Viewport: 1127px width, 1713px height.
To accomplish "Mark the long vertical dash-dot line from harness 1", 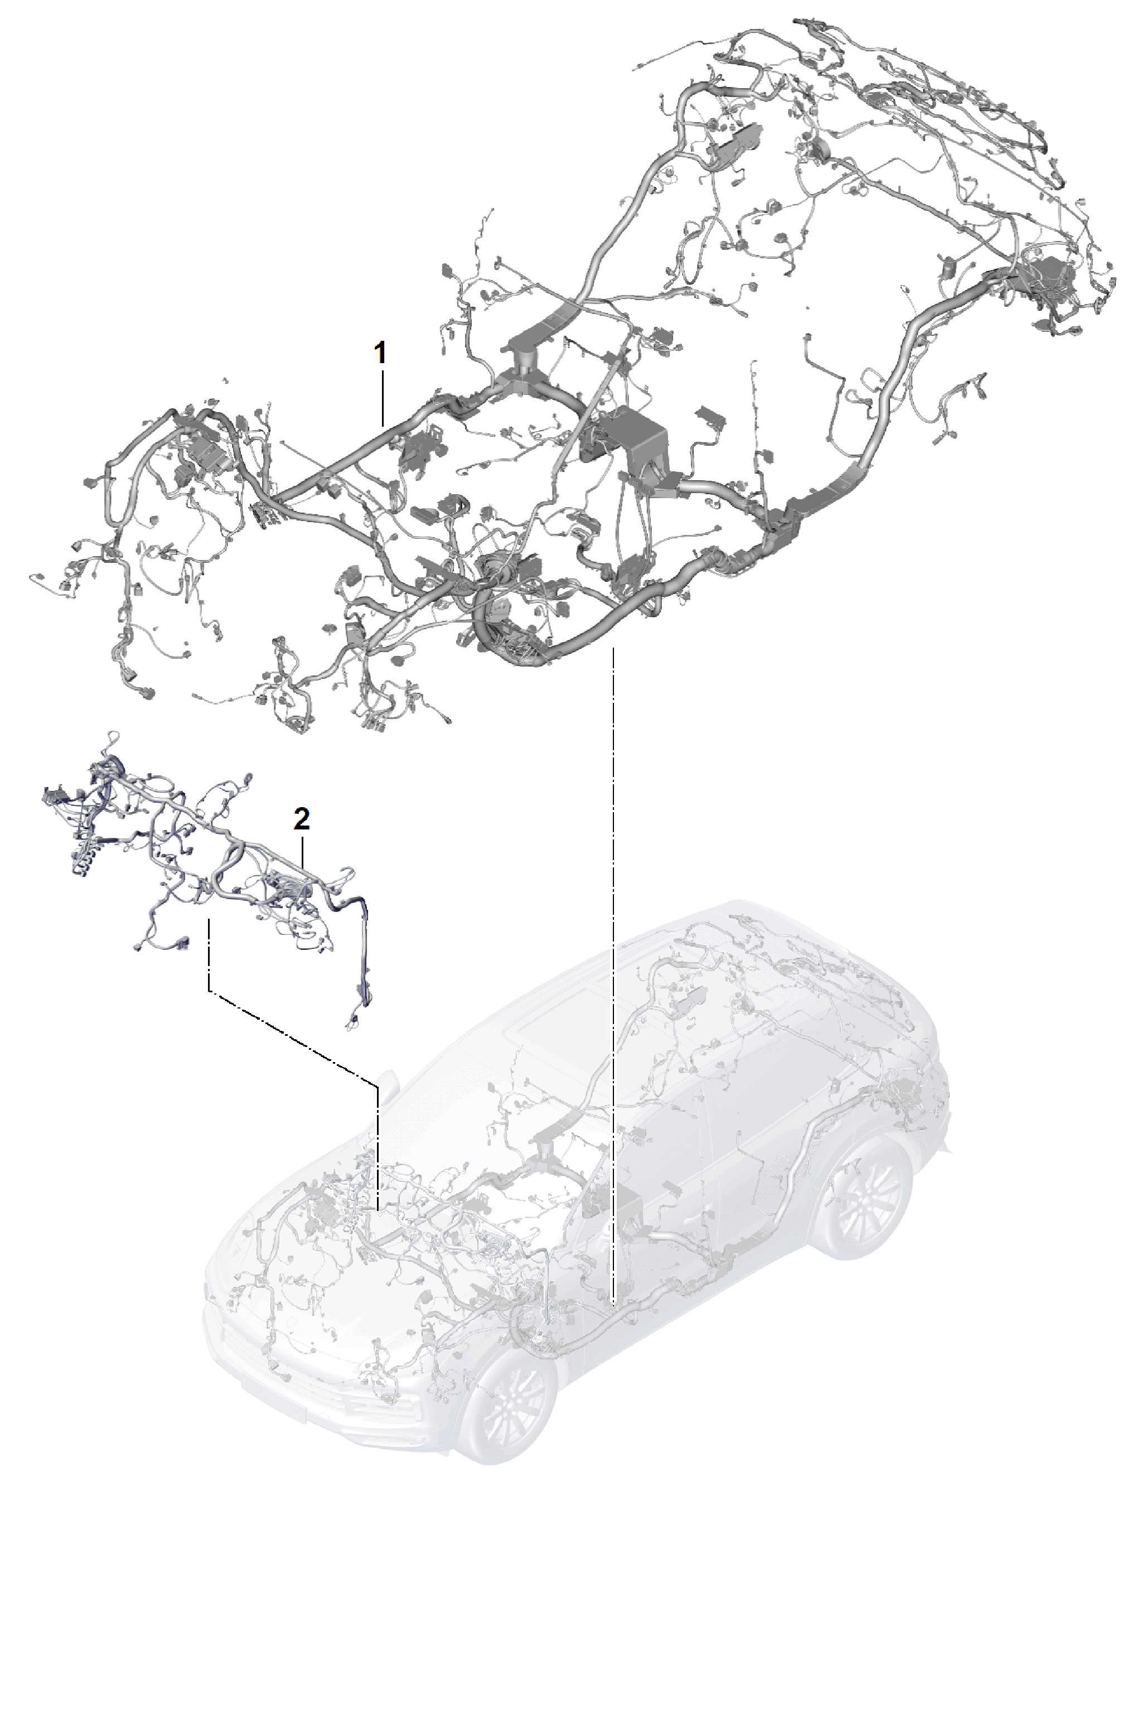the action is pos(612,974).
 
